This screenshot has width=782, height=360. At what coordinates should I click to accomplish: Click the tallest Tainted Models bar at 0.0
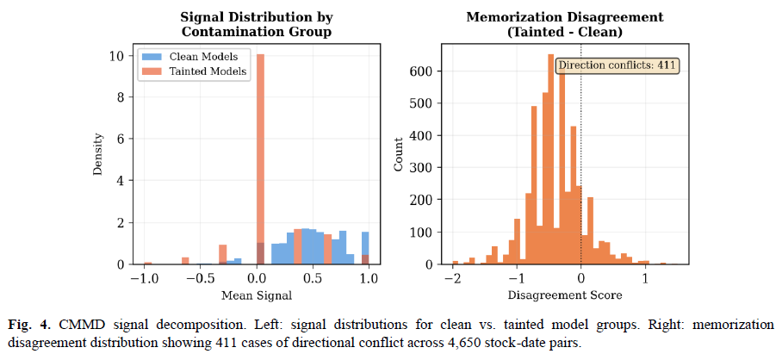point(260,159)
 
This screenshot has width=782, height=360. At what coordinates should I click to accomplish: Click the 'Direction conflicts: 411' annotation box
point(618,65)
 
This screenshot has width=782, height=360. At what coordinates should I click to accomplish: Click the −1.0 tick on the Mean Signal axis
point(144,277)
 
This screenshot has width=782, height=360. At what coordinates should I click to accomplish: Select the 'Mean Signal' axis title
point(257,295)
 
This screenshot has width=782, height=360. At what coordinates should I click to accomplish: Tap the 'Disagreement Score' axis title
point(564,295)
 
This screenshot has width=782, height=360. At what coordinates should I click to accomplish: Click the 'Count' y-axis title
point(398,153)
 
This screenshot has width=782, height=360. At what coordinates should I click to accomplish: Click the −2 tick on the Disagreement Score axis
point(452,277)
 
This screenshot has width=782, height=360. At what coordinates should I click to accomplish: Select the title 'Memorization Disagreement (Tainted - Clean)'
point(565,25)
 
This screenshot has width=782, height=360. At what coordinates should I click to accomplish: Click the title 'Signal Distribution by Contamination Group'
point(257,25)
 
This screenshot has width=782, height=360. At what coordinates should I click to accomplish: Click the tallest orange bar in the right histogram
point(550,159)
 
